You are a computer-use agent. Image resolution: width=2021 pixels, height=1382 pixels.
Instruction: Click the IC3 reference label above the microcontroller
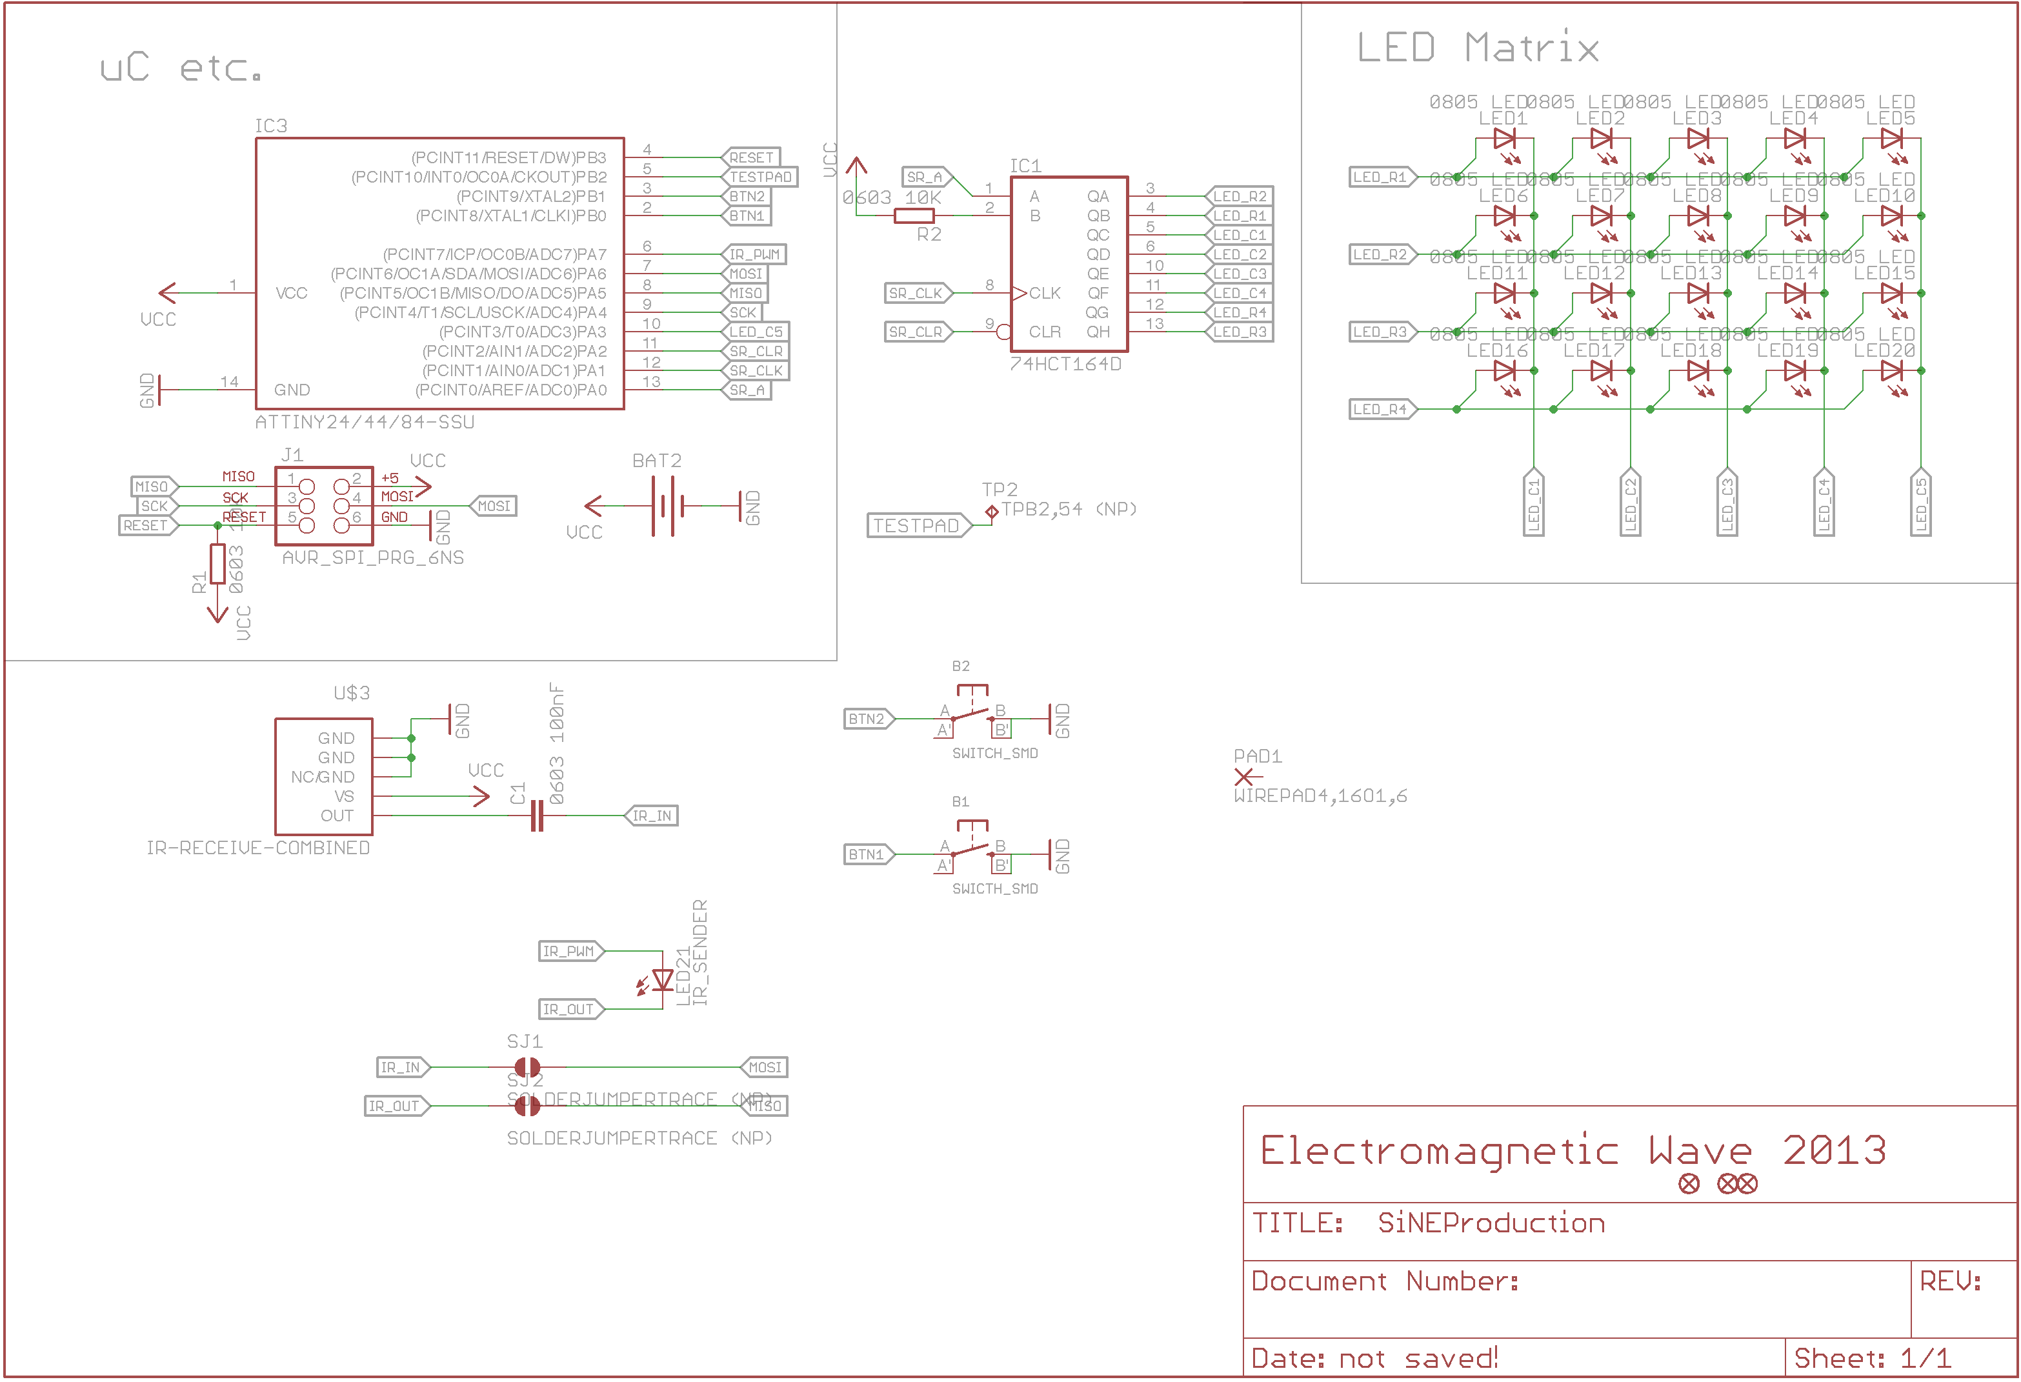(x=270, y=126)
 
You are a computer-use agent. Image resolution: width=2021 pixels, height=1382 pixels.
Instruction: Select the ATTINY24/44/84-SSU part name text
(x=365, y=423)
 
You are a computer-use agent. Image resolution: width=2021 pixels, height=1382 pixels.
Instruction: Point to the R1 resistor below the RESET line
(x=217, y=564)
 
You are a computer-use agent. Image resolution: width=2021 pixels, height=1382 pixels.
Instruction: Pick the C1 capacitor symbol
(x=538, y=816)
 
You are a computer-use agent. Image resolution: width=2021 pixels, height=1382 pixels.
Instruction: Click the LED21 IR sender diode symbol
(x=663, y=980)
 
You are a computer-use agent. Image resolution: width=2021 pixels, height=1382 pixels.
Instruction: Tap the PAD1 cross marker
(x=1243, y=777)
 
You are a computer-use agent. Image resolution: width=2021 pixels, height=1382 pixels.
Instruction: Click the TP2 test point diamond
(x=991, y=512)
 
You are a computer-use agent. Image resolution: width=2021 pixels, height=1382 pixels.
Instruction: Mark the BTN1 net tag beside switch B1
(x=868, y=855)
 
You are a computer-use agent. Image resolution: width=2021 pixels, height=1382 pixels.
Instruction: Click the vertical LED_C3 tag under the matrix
(x=1727, y=505)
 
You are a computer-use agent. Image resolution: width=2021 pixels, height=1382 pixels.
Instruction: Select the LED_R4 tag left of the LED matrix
(x=1381, y=410)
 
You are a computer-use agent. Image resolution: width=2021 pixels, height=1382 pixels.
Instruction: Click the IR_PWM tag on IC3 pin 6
(x=754, y=255)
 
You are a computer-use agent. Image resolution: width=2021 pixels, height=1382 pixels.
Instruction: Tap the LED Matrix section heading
(x=1478, y=48)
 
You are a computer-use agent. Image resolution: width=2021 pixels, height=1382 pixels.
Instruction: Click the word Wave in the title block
(x=1700, y=1152)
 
